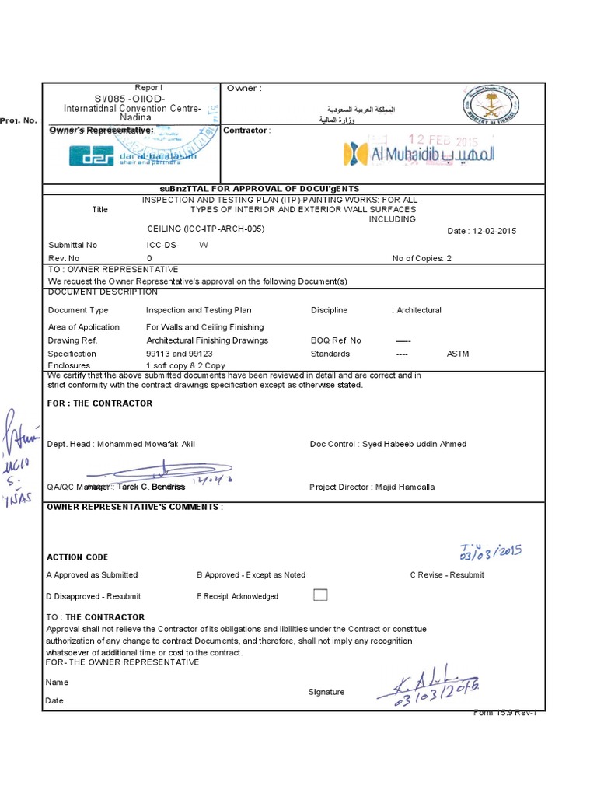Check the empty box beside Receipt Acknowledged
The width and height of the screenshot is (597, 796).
pos(320,595)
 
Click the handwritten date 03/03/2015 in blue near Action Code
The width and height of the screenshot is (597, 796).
pos(490,552)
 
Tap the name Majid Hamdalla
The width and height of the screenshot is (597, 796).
pos(405,487)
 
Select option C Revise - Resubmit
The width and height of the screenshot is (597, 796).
pos(447,575)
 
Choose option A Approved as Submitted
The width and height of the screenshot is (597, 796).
pos(92,575)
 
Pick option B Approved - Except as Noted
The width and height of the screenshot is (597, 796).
pos(251,575)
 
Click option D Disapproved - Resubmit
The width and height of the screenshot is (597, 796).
pos(94,596)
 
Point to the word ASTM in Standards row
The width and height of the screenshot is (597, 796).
pos(458,354)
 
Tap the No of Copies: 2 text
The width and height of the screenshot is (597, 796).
pos(421,258)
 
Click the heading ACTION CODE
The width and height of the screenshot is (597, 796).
pos(77,557)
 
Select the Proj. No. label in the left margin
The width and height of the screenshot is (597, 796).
pos(19,121)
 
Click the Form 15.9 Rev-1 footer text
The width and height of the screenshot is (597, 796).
pos(504,713)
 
